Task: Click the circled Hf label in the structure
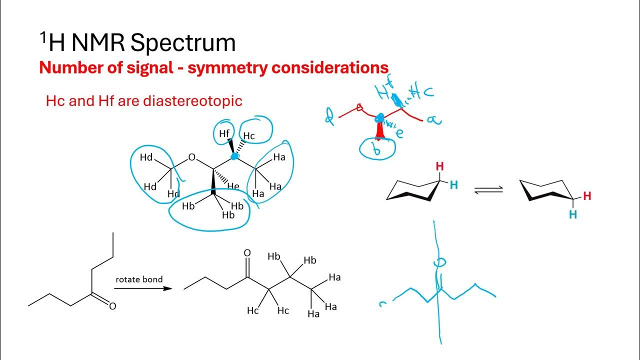(224, 133)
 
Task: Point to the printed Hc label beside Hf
(248, 135)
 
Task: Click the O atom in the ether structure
(192, 158)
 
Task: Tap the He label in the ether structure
(233, 186)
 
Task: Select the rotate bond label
(139, 279)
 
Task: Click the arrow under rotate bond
(143, 288)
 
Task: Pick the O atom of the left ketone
(112, 306)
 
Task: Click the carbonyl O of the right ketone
(247, 253)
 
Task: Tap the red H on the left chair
(439, 166)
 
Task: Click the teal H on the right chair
(573, 214)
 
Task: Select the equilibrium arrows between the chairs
(488, 190)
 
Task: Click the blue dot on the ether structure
(234, 156)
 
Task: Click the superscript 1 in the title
(44, 36)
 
